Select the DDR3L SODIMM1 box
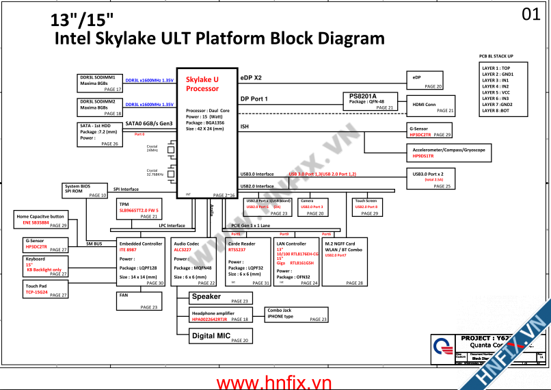pyautogui.click(x=100, y=83)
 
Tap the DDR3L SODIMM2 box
pyautogui.click(x=100, y=107)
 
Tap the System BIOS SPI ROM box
pyautogui.click(x=85, y=191)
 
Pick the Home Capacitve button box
pyautogui.click(x=42, y=220)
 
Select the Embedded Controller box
pyautogui.click(x=141, y=262)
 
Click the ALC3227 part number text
pyautogui.click(x=183, y=250)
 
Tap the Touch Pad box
pyautogui.click(x=45, y=289)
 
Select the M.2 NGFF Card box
pyautogui.click(x=345, y=262)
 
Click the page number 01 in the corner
pyautogui.click(x=530, y=14)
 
